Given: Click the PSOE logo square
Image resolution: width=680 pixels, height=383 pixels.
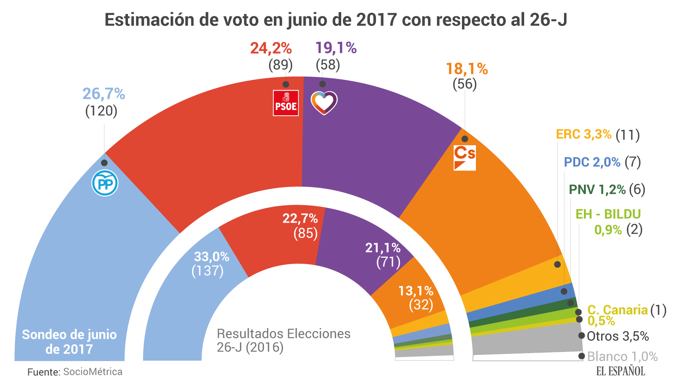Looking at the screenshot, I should coord(285,103).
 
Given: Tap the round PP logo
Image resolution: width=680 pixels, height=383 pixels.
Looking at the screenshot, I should coord(105,183).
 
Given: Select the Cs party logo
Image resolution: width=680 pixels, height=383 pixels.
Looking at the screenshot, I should coord(465,158).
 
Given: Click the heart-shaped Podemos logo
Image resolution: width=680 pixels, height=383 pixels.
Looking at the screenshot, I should coord(324,103).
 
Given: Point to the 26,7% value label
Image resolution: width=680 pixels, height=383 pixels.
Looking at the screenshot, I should coord(104,94).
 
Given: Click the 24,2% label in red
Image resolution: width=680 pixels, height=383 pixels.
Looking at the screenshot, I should coord(271,48).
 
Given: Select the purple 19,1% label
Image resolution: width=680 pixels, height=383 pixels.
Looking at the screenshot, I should coord(336,48).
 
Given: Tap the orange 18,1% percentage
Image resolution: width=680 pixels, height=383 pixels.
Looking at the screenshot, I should coord(466,69).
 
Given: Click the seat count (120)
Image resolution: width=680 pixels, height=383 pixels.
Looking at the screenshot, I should coord(101,111).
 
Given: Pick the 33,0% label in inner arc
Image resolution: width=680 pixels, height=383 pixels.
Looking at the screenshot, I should coord(212,257).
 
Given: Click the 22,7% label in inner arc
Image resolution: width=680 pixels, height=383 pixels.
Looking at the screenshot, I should coord(300,219).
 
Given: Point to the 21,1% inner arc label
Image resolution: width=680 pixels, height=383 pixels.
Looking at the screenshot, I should coord(383,248).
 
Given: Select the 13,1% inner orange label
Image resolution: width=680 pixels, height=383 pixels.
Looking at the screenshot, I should coord(416,291).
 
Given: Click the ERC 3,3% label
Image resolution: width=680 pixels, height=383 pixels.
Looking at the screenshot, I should coord(584,134).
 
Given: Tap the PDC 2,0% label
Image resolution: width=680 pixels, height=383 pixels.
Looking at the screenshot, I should coord(592,162).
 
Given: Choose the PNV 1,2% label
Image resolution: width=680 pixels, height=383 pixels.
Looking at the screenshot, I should coord(597,190).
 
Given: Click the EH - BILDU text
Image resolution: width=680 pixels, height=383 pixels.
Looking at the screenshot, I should coord(608,214).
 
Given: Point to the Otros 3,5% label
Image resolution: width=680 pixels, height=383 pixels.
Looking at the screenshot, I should coord(618,336).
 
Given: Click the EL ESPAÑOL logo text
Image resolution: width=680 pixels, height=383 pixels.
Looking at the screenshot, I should coord(620,371).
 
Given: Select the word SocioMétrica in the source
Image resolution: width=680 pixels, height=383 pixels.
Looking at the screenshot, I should coord(93,372).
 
